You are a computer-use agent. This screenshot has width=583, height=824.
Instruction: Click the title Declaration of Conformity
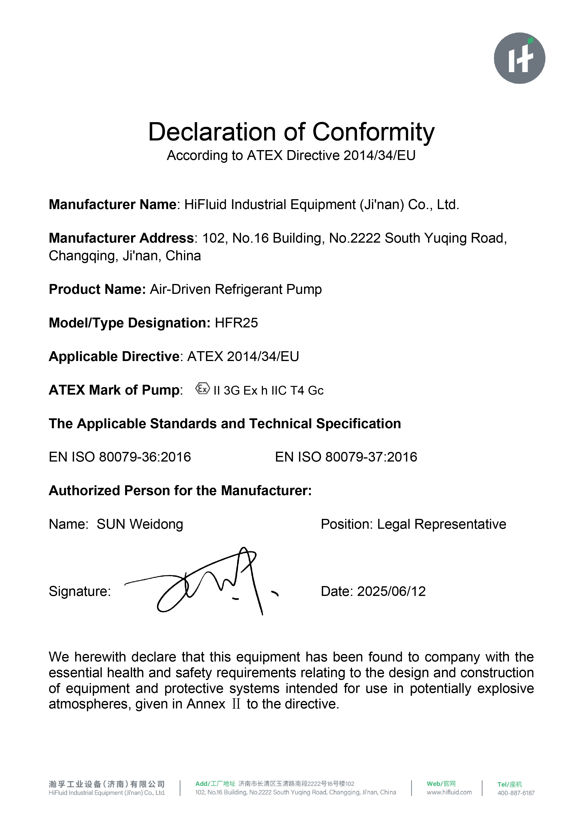[291, 132]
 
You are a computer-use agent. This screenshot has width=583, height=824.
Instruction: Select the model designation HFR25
[236, 323]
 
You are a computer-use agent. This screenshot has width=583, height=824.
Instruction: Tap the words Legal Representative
[442, 524]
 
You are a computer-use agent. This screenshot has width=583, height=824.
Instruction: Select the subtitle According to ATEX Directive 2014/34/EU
[291, 156]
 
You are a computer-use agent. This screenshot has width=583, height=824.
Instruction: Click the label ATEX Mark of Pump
[114, 390]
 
